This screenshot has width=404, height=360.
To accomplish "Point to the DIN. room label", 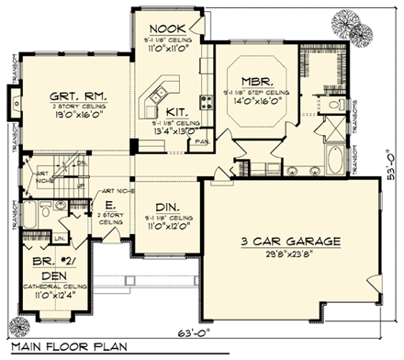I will (x=167, y=207).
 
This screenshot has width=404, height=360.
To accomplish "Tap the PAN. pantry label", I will (x=201, y=142).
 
